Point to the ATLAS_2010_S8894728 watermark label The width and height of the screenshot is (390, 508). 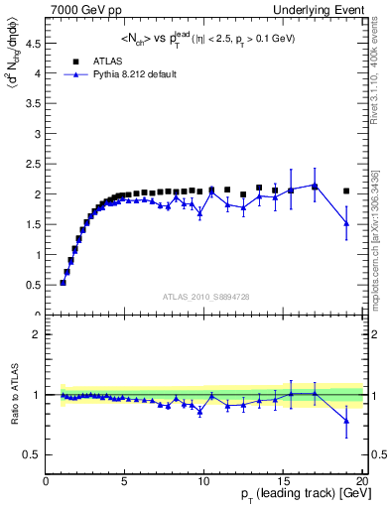204,296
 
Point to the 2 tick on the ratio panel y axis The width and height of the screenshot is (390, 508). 38,334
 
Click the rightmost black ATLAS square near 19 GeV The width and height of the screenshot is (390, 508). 346,190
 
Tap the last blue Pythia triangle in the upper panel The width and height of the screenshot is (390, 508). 346,223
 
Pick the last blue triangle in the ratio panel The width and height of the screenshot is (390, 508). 346,421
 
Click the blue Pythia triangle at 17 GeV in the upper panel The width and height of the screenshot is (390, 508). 315,186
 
